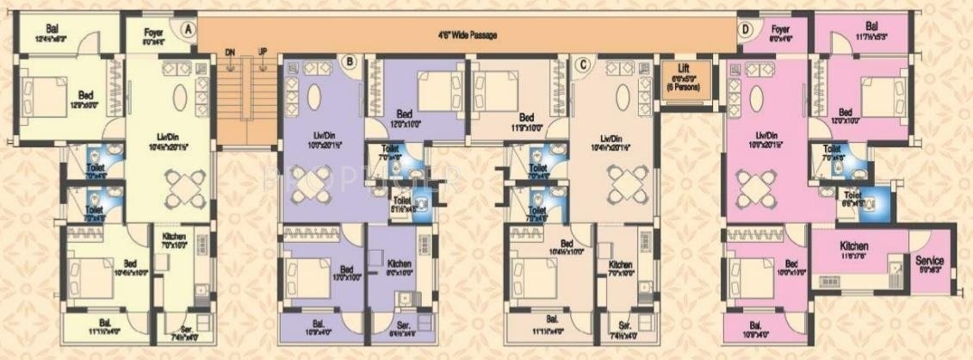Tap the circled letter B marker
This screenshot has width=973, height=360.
coord(350,60)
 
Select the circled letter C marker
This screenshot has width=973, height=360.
coord(583,61)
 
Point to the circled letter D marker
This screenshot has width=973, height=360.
coord(744,28)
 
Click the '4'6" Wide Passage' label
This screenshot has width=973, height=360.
coord(468,35)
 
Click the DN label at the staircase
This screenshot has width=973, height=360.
coord(230,52)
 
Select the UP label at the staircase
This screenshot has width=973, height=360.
coord(263,52)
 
